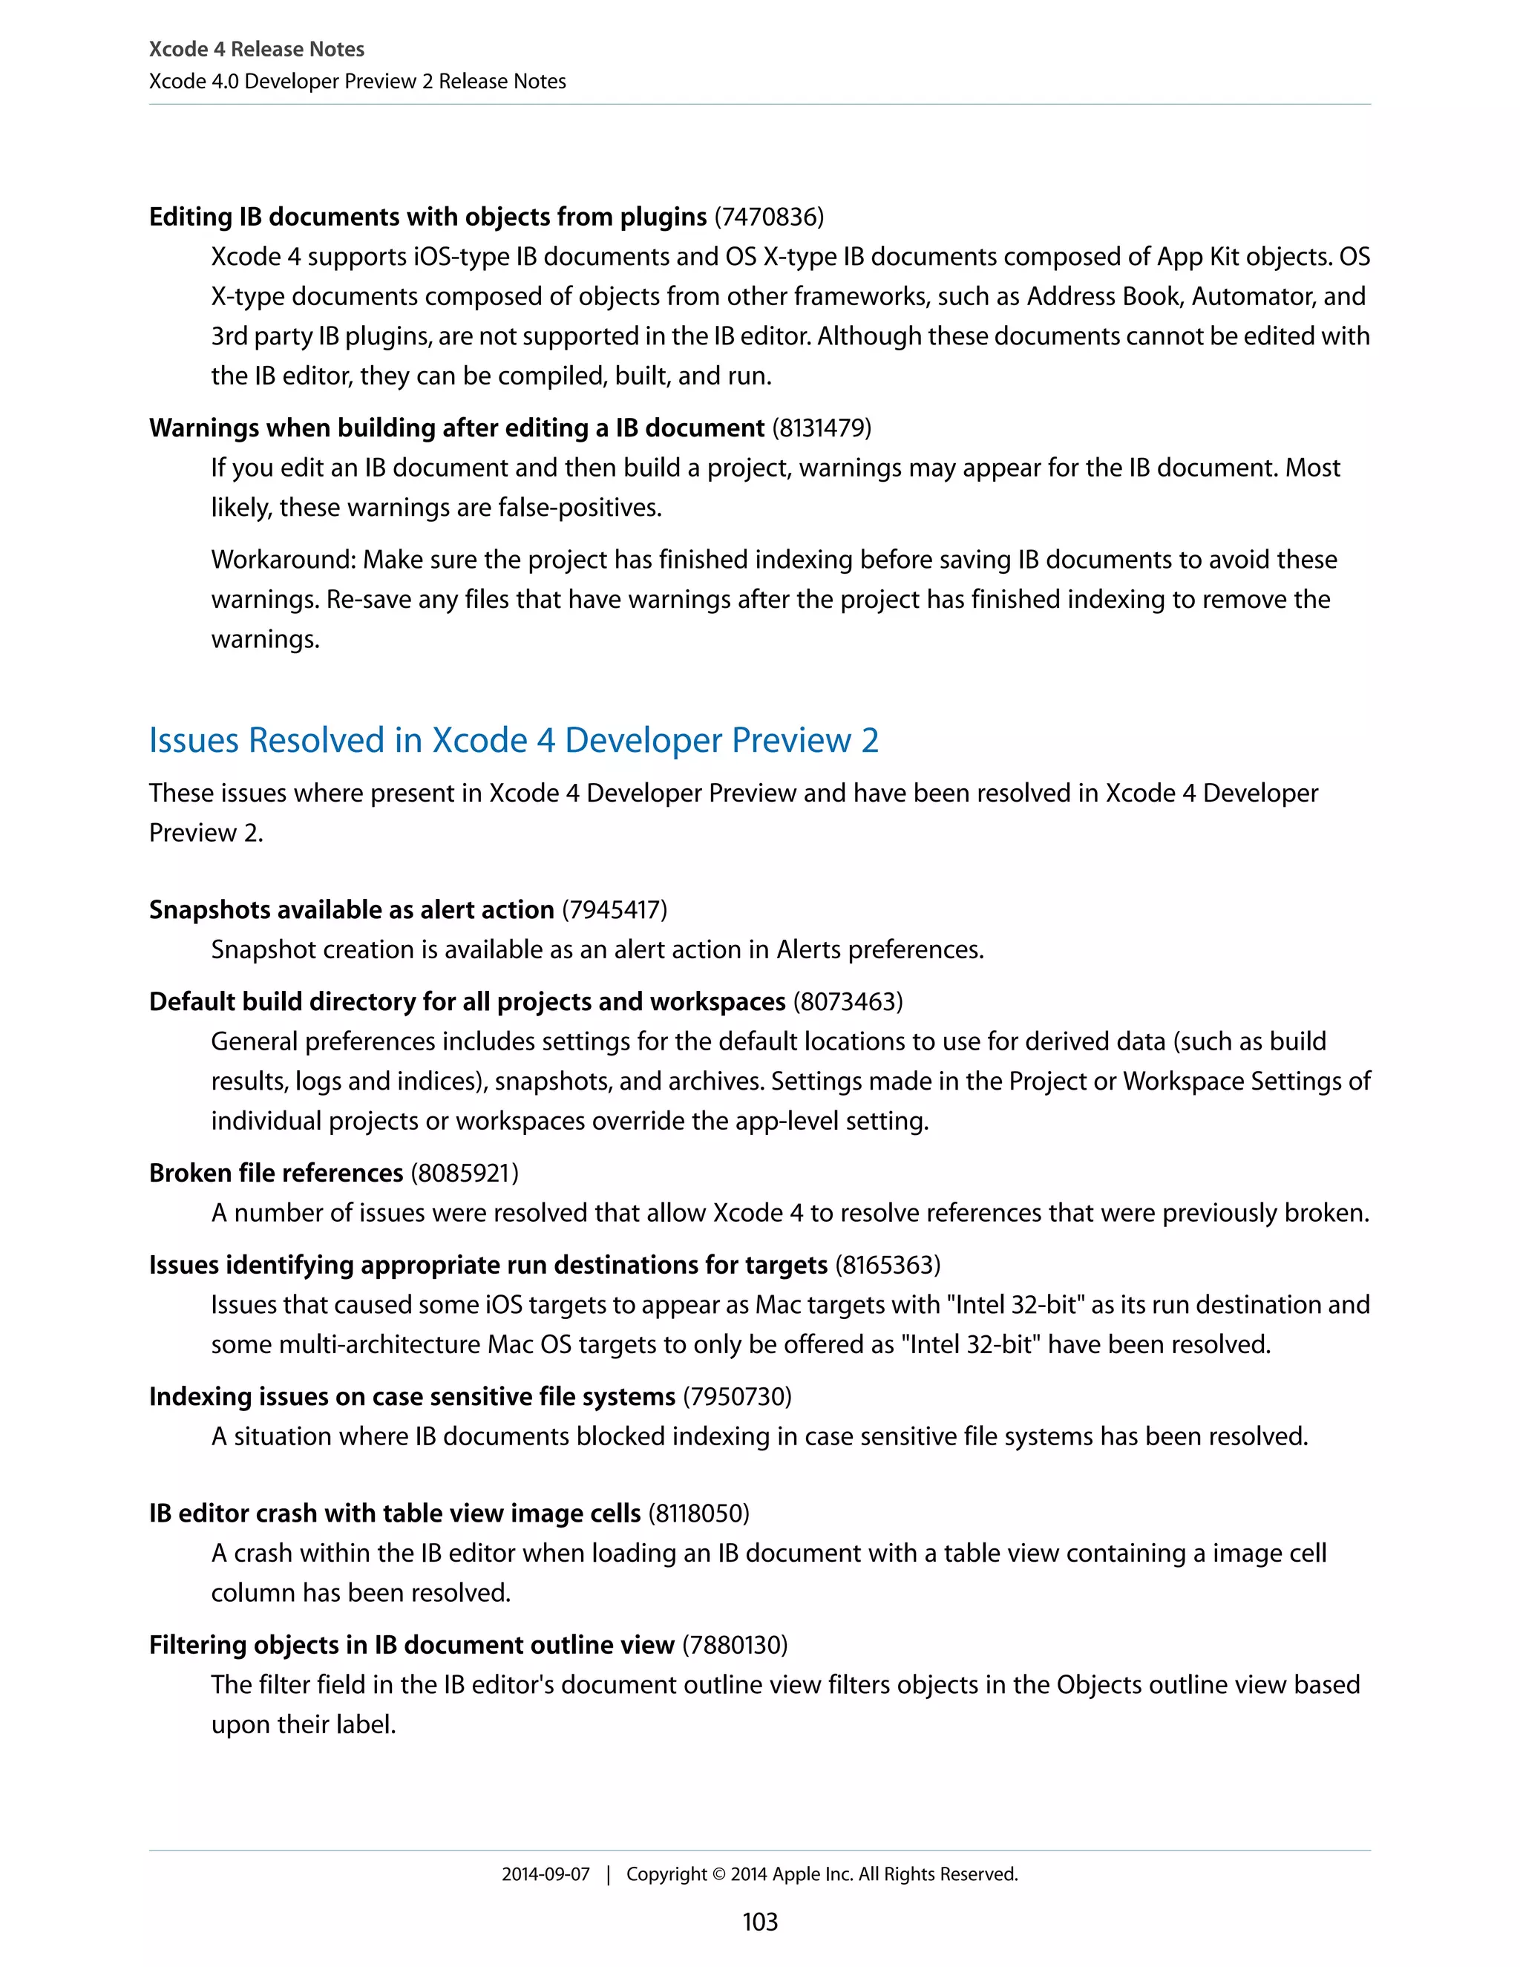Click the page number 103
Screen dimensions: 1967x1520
[759, 1921]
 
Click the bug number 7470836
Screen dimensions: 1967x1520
[769, 217]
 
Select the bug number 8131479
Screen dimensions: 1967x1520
[822, 428]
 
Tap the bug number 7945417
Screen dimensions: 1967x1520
[614, 910]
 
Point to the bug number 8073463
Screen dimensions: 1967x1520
[848, 1001]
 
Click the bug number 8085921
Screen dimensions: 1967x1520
[465, 1173]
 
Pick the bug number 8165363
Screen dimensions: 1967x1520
[888, 1265]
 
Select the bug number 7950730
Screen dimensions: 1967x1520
[738, 1396]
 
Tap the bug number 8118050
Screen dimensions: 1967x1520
[698, 1513]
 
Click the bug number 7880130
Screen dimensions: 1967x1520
[735, 1645]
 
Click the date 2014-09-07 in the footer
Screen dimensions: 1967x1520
[545, 1874]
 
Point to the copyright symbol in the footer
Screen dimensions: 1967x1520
[718, 1874]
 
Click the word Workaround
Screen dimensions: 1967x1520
[283, 560]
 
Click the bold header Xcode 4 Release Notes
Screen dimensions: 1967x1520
[257, 49]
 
